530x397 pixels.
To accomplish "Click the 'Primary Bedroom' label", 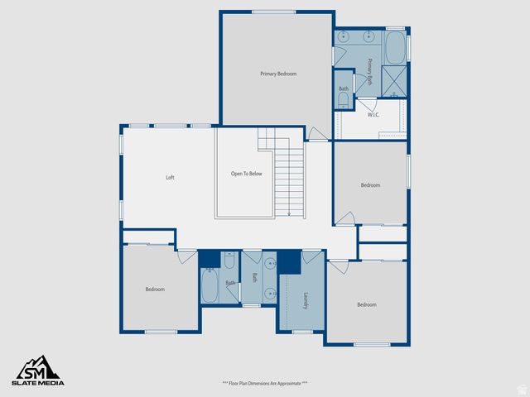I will (278, 74).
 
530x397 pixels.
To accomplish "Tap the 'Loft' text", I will (170, 177).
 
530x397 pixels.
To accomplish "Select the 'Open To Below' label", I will (246, 175).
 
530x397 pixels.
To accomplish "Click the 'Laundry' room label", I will (305, 300).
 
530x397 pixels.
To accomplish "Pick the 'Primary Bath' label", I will (369, 73).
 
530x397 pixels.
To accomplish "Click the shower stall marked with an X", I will (396, 80).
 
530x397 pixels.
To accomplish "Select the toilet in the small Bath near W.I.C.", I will (344, 100).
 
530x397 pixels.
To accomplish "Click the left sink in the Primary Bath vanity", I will (346, 37).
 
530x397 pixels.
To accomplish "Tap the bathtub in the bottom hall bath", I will (210, 287).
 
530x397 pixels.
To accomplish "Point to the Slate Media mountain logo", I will (36, 366).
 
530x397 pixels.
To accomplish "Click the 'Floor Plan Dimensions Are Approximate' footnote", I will (265, 383).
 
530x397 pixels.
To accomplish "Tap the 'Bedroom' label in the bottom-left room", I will (155, 289).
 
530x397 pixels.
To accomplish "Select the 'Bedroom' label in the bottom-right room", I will (367, 304).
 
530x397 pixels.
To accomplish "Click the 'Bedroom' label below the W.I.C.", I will (370, 185).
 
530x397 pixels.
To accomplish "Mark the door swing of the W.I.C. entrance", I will (366, 105).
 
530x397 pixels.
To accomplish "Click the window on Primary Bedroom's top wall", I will (273, 12).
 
